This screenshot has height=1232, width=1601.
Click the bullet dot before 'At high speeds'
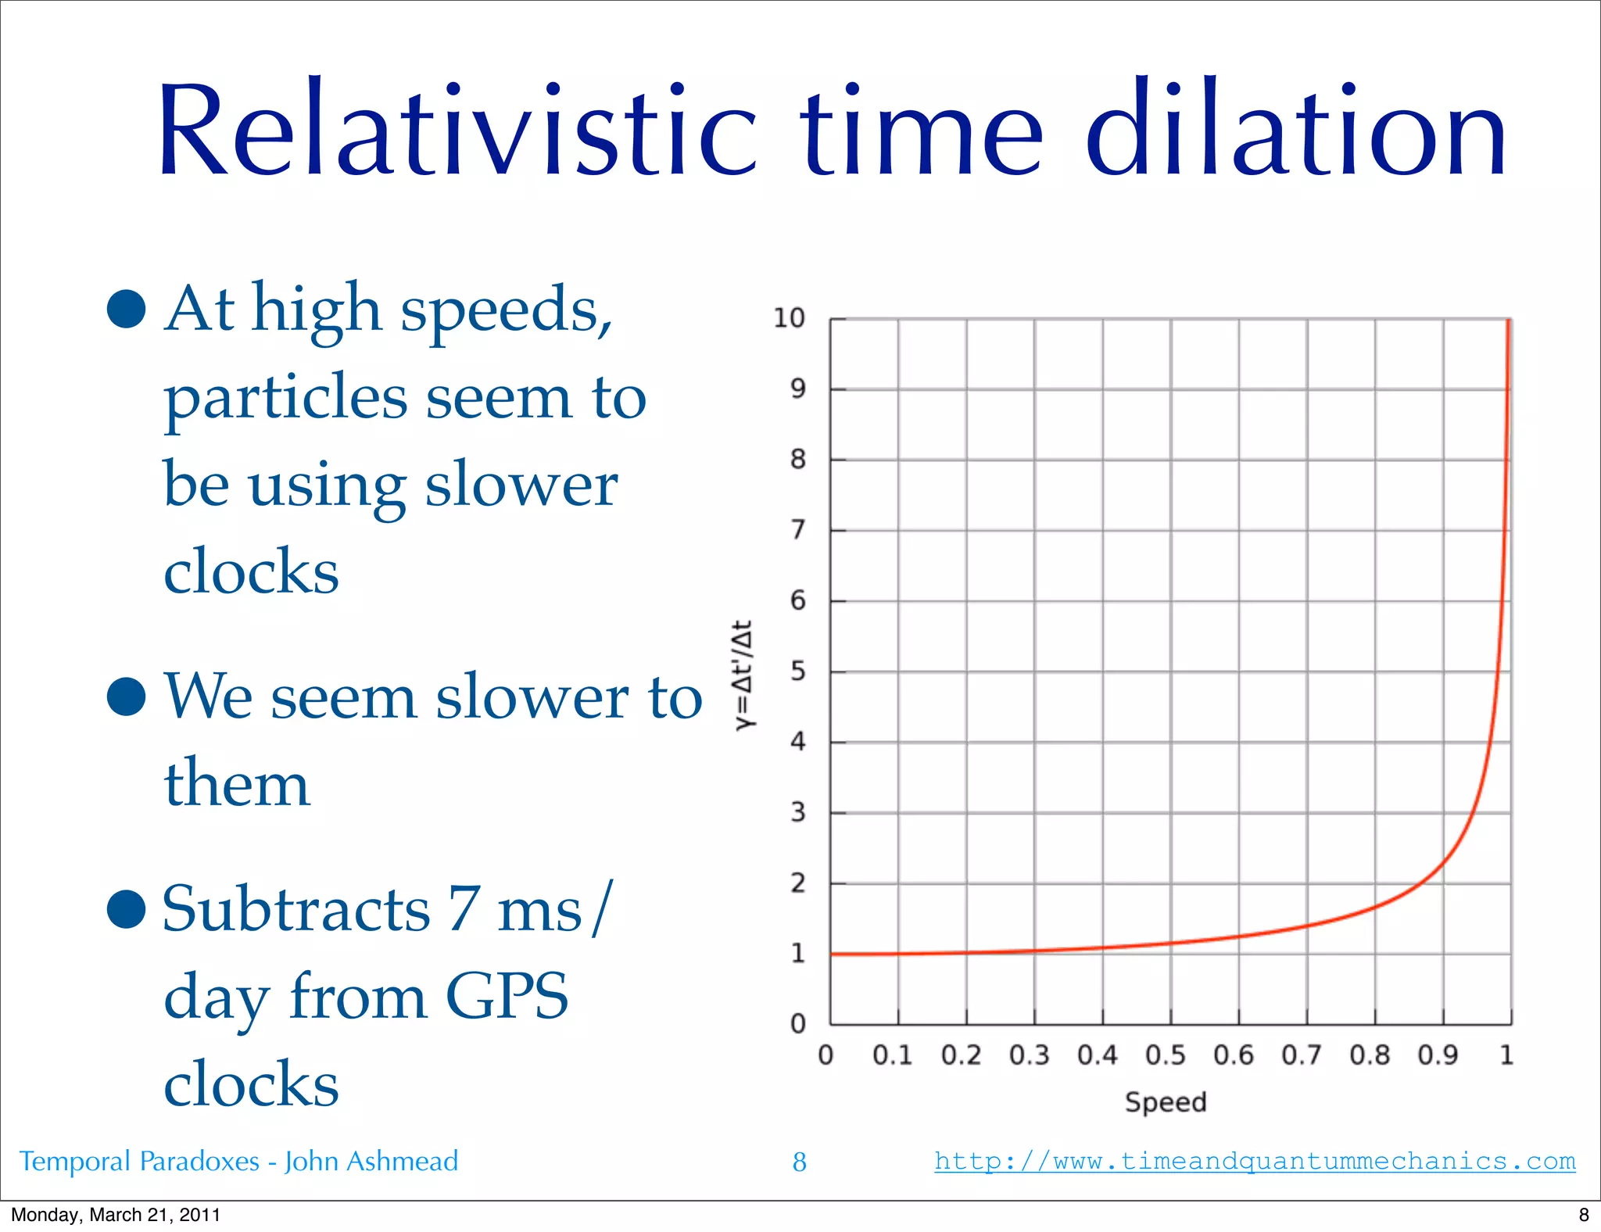pos(127,310)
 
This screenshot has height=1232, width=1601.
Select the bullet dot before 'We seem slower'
pos(127,697)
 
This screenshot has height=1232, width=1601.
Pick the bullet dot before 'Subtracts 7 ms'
pos(127,909)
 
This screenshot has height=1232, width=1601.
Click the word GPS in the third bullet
pos(507,997)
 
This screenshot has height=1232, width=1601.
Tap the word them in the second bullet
pos(237,783)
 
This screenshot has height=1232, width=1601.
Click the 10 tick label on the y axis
pos(788,318)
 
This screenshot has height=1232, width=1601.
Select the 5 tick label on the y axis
pos(797,671)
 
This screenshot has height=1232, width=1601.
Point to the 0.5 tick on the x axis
pos(1165,1055)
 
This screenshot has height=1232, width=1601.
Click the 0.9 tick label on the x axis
pos(1438,1055)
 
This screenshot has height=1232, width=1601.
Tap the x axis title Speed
pos(1166,1102)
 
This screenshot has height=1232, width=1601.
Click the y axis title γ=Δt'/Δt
pos(743,675)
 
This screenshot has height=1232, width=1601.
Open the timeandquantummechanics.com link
pos(1255,1161)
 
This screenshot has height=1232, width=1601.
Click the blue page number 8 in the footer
pos(799,1162)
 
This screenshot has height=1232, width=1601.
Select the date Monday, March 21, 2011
pos(116,1215)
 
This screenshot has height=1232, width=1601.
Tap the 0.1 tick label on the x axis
pos(892,1055)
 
